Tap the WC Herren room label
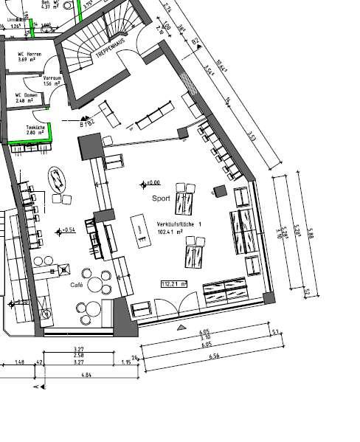[x=30, y=55]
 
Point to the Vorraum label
[x=52, y=77]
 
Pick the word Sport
[x=161, y=198]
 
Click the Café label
[x=76, y=284]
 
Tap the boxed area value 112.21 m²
[x=174, y=283]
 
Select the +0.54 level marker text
[x=69, y=230]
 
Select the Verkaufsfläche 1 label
[x=179, y=224]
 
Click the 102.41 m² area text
[x=170, y=231]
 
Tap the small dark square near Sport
[x=219, y=191]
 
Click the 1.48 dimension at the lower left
[x=20, y=362]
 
